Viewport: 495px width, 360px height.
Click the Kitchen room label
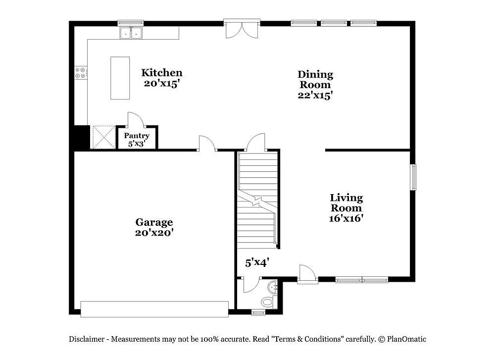161,73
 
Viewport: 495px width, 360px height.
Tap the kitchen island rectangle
120,78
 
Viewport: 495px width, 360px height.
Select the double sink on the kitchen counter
131,33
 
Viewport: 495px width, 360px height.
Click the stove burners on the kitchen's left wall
81,73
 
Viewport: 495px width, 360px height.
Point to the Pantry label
137,136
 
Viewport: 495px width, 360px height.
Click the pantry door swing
135,119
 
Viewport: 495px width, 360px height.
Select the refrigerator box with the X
103,137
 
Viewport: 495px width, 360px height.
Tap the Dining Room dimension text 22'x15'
315,95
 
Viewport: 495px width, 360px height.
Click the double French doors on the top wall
242,29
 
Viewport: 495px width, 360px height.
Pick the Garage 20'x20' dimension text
154,232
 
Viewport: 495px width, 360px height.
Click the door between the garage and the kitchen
207,144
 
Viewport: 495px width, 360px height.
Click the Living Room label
346,203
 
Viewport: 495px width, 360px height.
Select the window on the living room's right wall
413,177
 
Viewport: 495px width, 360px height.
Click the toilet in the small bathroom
267,301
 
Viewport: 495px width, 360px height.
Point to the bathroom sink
273,287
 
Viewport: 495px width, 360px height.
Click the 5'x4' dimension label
257,263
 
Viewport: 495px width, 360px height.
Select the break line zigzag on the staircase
257,201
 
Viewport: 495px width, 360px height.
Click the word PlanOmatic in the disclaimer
407,339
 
